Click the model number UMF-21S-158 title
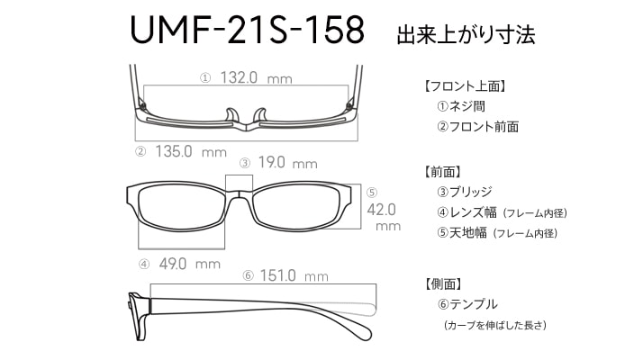(x=247, y=30)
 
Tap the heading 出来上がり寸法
(x=466, y=34)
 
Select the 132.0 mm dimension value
(x=257, y=77)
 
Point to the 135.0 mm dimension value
(x=191, y=152)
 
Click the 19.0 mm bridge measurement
(x=287, y=163)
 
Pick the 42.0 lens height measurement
(x=381, y=210)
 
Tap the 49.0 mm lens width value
(x=189, y=264)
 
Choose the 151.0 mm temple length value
(x=294, y=275)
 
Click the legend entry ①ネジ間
(x=461, y=106)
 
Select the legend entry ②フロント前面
(x=477, y=127)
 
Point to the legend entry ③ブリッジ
(x=464, y=192)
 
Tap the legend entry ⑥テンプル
(x=467, y=304)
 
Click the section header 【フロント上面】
(x=465, y=86)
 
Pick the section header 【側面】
(x=443, y=283)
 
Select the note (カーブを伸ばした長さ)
(x=495, y=325)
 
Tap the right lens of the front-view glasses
(x=296, y=207)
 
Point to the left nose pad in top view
(x=231, y=115)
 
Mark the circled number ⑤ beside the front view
(x=372, y=193)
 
